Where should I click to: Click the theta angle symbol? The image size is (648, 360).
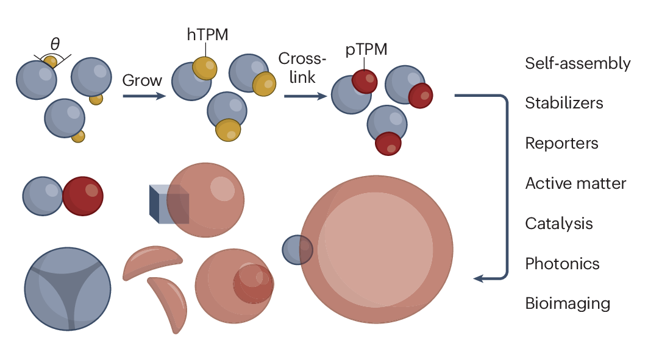click(x=55, y=44)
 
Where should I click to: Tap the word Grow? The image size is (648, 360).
click(x=142, y=80)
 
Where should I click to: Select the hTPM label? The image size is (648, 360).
click(x=207, y=35)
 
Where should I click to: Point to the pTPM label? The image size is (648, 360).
click(x=366, y=50)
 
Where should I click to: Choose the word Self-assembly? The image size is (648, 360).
click(x=577, y=63)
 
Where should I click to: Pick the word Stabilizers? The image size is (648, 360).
click(x=564, y=103)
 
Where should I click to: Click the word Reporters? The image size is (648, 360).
click(x=561, y=143)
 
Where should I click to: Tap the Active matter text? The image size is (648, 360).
click(x=575, y=183)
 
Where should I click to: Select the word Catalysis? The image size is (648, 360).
click(x=558, y=224)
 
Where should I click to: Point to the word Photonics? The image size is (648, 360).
click(x=562, y=264)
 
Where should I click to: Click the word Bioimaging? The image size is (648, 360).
click(x=567, y=303)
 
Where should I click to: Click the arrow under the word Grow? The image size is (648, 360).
click(x=144, y=96)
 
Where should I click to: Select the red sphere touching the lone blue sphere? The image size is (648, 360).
click(x=83, y=197)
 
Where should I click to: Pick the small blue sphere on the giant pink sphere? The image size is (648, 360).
click(x=296, y=250)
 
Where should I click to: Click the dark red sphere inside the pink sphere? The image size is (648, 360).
click(x=252, y=284)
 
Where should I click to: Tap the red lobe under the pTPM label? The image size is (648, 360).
click(x=365, y=81)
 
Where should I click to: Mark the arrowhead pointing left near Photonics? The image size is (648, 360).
click(x=479, y=279)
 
